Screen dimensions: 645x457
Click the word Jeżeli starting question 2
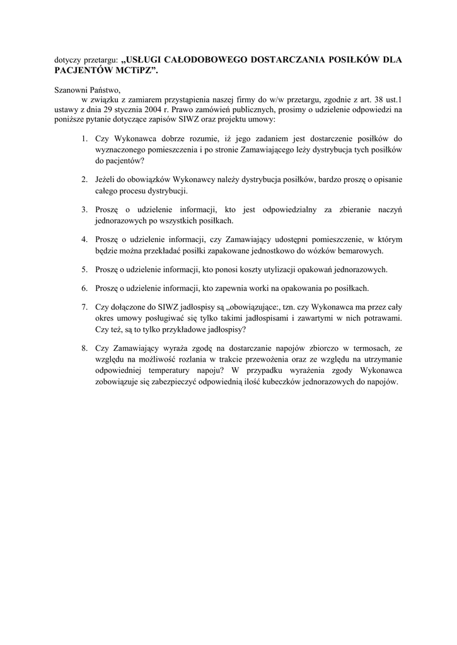pyautogui.click(x=108, y=180)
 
